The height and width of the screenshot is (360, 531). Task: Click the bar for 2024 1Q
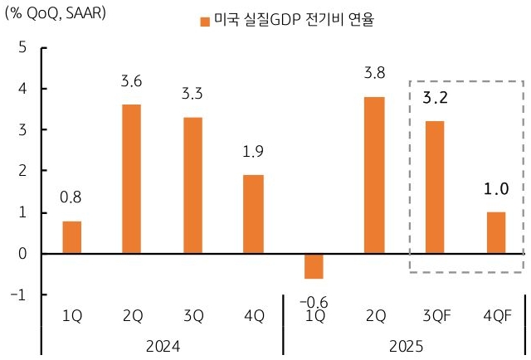[72, 237]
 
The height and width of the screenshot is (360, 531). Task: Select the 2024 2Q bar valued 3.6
[131, 178]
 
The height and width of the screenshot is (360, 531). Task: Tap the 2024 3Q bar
[192, 185]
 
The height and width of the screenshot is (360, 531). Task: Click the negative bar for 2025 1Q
[313, 266]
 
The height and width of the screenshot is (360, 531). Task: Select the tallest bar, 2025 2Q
[373, 175]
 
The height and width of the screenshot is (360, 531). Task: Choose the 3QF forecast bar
[435, 187]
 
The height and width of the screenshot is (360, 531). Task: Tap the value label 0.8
[72, 197]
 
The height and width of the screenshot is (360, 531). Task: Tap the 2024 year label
[163, 343]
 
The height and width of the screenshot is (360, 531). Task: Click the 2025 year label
[404, 343]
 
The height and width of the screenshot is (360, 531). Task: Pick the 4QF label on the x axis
[495, 316]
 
